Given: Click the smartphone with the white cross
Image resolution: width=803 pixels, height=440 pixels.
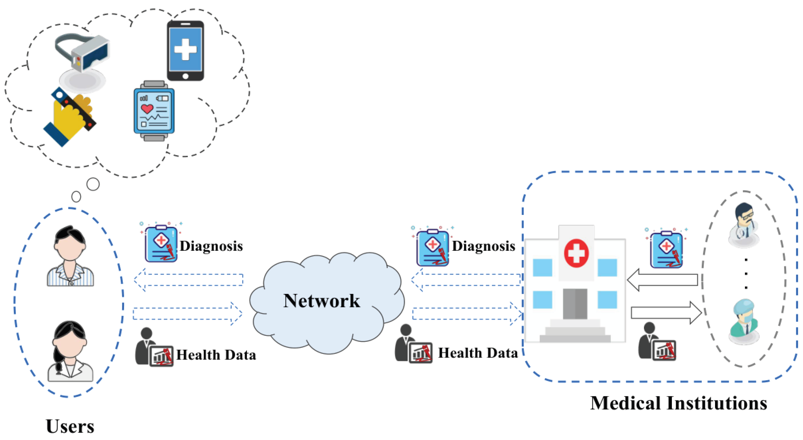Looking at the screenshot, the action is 186,50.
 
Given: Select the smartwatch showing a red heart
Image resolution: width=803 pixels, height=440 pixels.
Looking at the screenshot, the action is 154,111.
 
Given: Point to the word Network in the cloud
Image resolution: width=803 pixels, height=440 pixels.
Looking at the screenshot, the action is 322,301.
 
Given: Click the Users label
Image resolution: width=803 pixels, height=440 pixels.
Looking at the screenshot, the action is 70,426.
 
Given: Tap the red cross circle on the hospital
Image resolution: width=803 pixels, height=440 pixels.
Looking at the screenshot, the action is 576,253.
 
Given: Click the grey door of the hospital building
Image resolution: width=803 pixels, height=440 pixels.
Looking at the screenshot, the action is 575,304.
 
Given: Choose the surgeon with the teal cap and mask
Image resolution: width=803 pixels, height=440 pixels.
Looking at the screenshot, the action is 744,321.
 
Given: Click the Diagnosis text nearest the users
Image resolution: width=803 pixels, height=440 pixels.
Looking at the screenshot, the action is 211,246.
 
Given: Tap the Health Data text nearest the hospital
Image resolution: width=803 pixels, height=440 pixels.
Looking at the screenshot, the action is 478,353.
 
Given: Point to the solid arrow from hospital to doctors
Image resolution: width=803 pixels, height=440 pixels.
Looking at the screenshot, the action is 667,313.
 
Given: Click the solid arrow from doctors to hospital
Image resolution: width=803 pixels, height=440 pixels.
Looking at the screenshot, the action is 662,280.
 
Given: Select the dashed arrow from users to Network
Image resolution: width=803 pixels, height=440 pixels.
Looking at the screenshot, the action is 188,314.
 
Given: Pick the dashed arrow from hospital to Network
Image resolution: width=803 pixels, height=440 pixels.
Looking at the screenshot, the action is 466,280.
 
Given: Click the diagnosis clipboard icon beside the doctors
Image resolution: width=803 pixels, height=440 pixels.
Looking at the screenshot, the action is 667,248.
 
